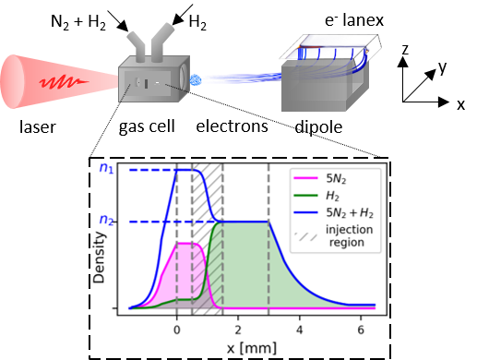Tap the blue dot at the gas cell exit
[x=196, y=80]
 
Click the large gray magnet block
[x=318, y=92]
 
